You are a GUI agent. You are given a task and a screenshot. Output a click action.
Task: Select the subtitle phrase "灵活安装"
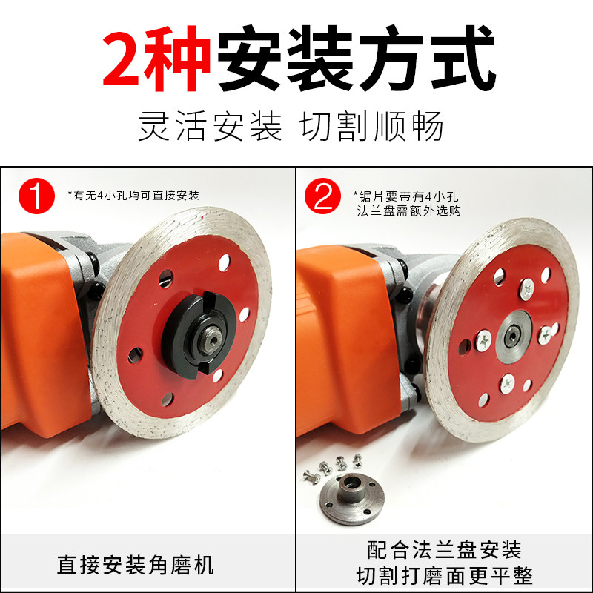[210, 126]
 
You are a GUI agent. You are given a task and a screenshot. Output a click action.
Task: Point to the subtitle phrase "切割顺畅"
[371, 126]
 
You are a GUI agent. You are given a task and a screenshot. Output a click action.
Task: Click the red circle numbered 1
[36, 196]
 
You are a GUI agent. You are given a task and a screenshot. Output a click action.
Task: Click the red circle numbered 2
[322, 196]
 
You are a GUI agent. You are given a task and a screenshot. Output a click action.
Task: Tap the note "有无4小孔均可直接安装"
[133, 196]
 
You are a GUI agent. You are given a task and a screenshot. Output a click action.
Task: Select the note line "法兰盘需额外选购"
[409, 211]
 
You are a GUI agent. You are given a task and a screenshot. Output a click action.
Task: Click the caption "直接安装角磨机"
[136, 565]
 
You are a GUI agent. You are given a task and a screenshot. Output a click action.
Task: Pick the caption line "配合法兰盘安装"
[444, 549]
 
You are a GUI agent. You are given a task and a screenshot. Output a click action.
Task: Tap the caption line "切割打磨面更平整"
[444, 576]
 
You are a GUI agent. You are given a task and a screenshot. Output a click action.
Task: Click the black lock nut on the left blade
[199, 333]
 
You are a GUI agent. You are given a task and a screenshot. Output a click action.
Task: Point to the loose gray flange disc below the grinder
[352, 498]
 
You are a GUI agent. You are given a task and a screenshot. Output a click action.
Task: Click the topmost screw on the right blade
[527, 289]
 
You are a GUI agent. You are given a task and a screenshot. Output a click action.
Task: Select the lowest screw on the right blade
[507, 384]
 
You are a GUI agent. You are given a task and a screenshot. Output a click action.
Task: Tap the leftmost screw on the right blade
[484, 340]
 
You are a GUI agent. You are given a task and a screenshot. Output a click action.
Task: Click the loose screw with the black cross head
[357, 461]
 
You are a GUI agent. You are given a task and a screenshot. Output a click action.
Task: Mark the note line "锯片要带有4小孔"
[405, 196]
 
